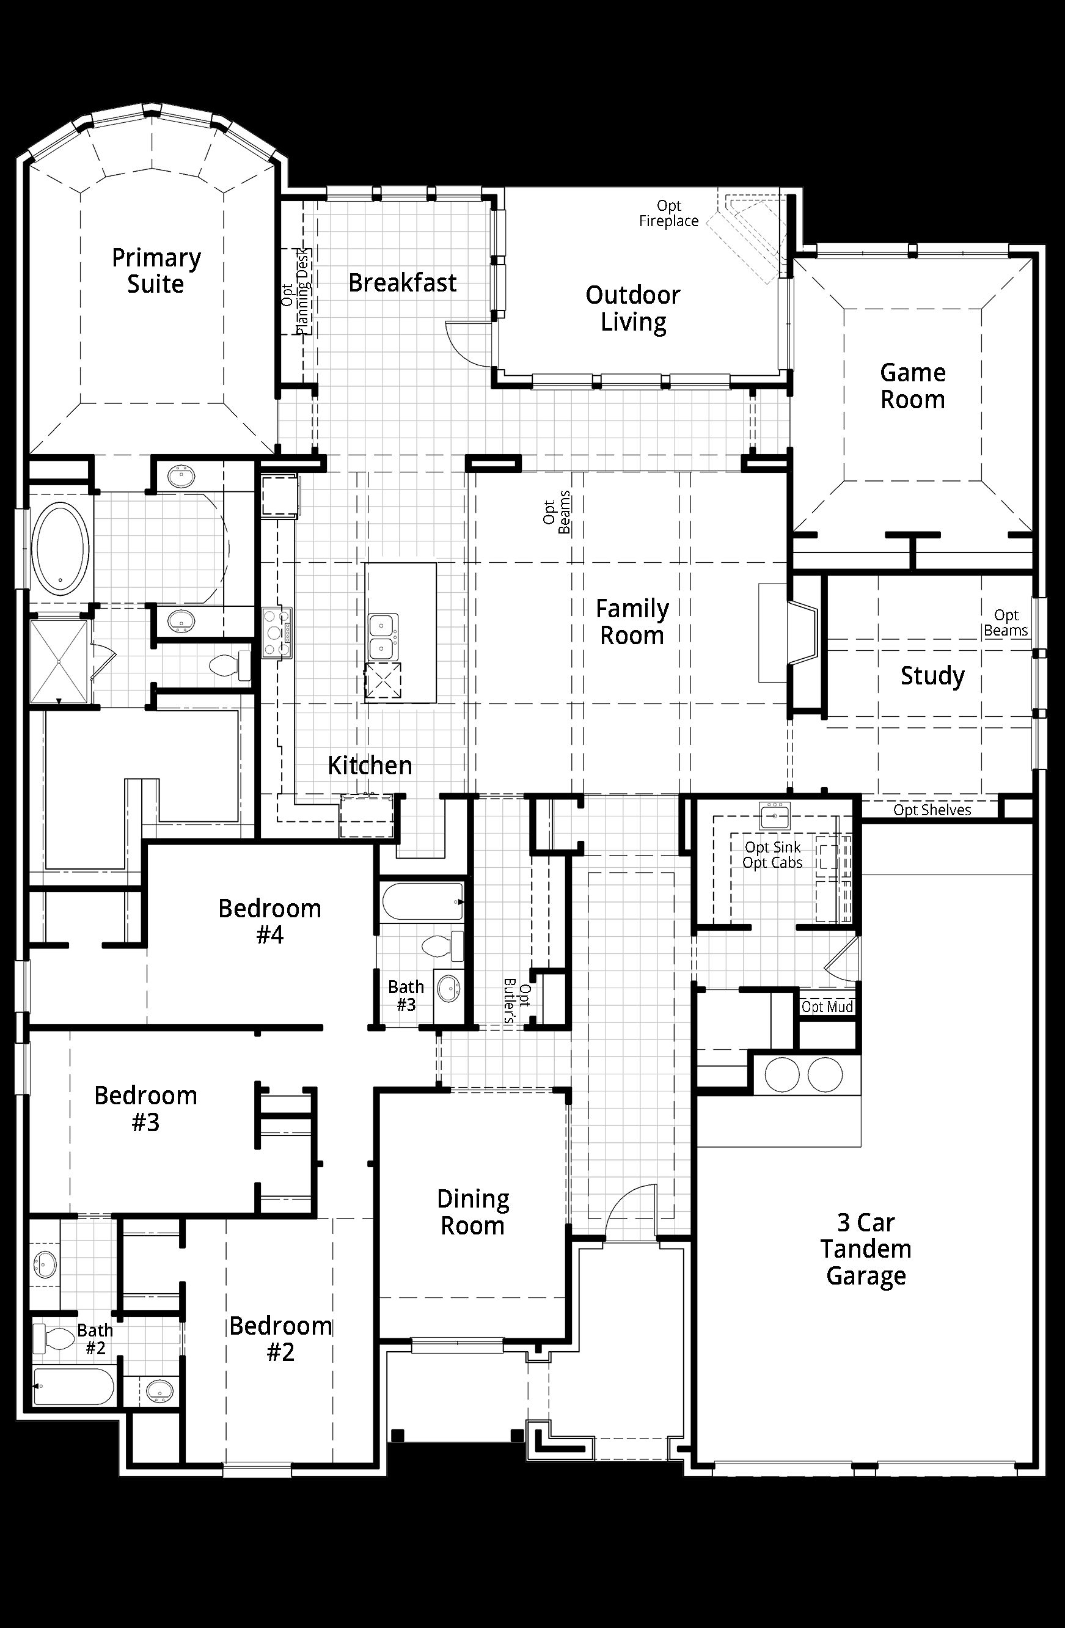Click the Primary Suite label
point(156,271)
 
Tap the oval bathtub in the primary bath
point(62,548)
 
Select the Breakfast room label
point(402,282)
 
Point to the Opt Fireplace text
point(669,213)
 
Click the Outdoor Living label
point(633,309)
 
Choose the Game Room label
point(912,386)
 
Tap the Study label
point(932,676)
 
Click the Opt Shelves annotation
point(932,810)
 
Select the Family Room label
point(632,621)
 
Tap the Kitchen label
point(370,766)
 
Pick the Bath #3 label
point(406,996)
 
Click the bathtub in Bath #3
point(423,902)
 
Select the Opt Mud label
point(827,1007)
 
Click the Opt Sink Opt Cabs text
point(773,855)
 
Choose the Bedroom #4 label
point(269,922)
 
